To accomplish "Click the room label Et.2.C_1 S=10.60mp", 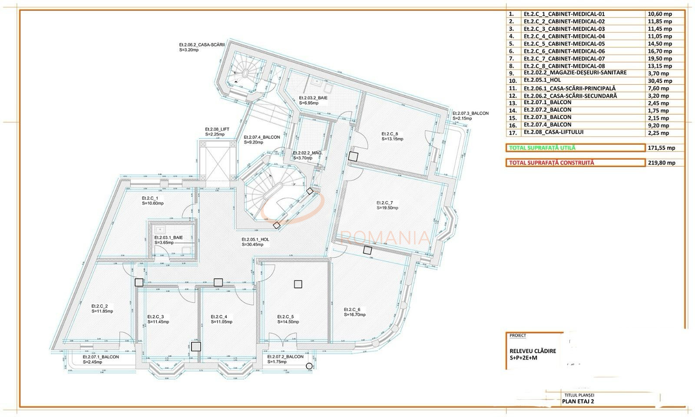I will (152, 201).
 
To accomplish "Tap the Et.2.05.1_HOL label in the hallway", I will (255, 242).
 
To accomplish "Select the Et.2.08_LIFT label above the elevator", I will (217, 132).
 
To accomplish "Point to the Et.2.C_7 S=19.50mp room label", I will (387, 205).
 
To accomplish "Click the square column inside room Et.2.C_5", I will (298, 285).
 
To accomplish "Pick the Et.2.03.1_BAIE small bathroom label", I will (169, 240).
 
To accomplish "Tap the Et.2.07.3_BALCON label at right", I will (470, 116).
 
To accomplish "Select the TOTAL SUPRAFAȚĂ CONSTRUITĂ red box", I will (575, 163).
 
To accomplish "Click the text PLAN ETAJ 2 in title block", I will (578, 401).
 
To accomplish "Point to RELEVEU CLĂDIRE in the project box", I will (533, 351).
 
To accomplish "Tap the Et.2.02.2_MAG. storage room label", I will (308, 156).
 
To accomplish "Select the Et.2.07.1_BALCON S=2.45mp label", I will (101, 359).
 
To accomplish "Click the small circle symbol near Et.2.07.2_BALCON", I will (309, 366).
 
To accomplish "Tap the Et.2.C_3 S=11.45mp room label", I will (158, 319).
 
